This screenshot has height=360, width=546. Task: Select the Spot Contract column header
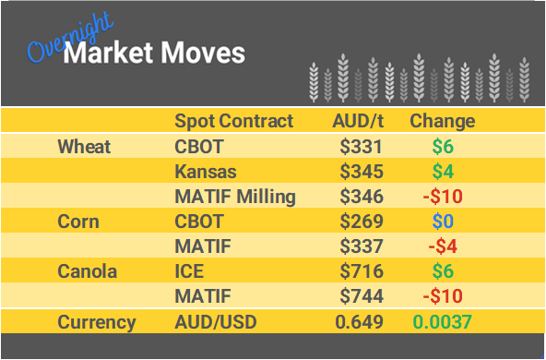233,121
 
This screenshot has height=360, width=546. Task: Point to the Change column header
442,121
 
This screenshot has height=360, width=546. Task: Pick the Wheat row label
84,146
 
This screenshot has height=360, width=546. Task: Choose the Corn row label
78,222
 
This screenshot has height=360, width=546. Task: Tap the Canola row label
86,272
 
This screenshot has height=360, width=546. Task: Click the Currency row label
96,322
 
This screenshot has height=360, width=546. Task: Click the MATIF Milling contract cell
235,197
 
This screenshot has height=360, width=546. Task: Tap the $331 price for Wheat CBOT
361,146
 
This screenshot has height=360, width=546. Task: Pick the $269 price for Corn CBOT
361,222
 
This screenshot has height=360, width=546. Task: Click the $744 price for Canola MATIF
361,297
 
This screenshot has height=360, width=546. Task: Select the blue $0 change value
442,222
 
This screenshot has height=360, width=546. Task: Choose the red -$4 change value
442,246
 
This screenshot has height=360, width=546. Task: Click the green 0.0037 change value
442,322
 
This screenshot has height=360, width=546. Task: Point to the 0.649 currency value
358,322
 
